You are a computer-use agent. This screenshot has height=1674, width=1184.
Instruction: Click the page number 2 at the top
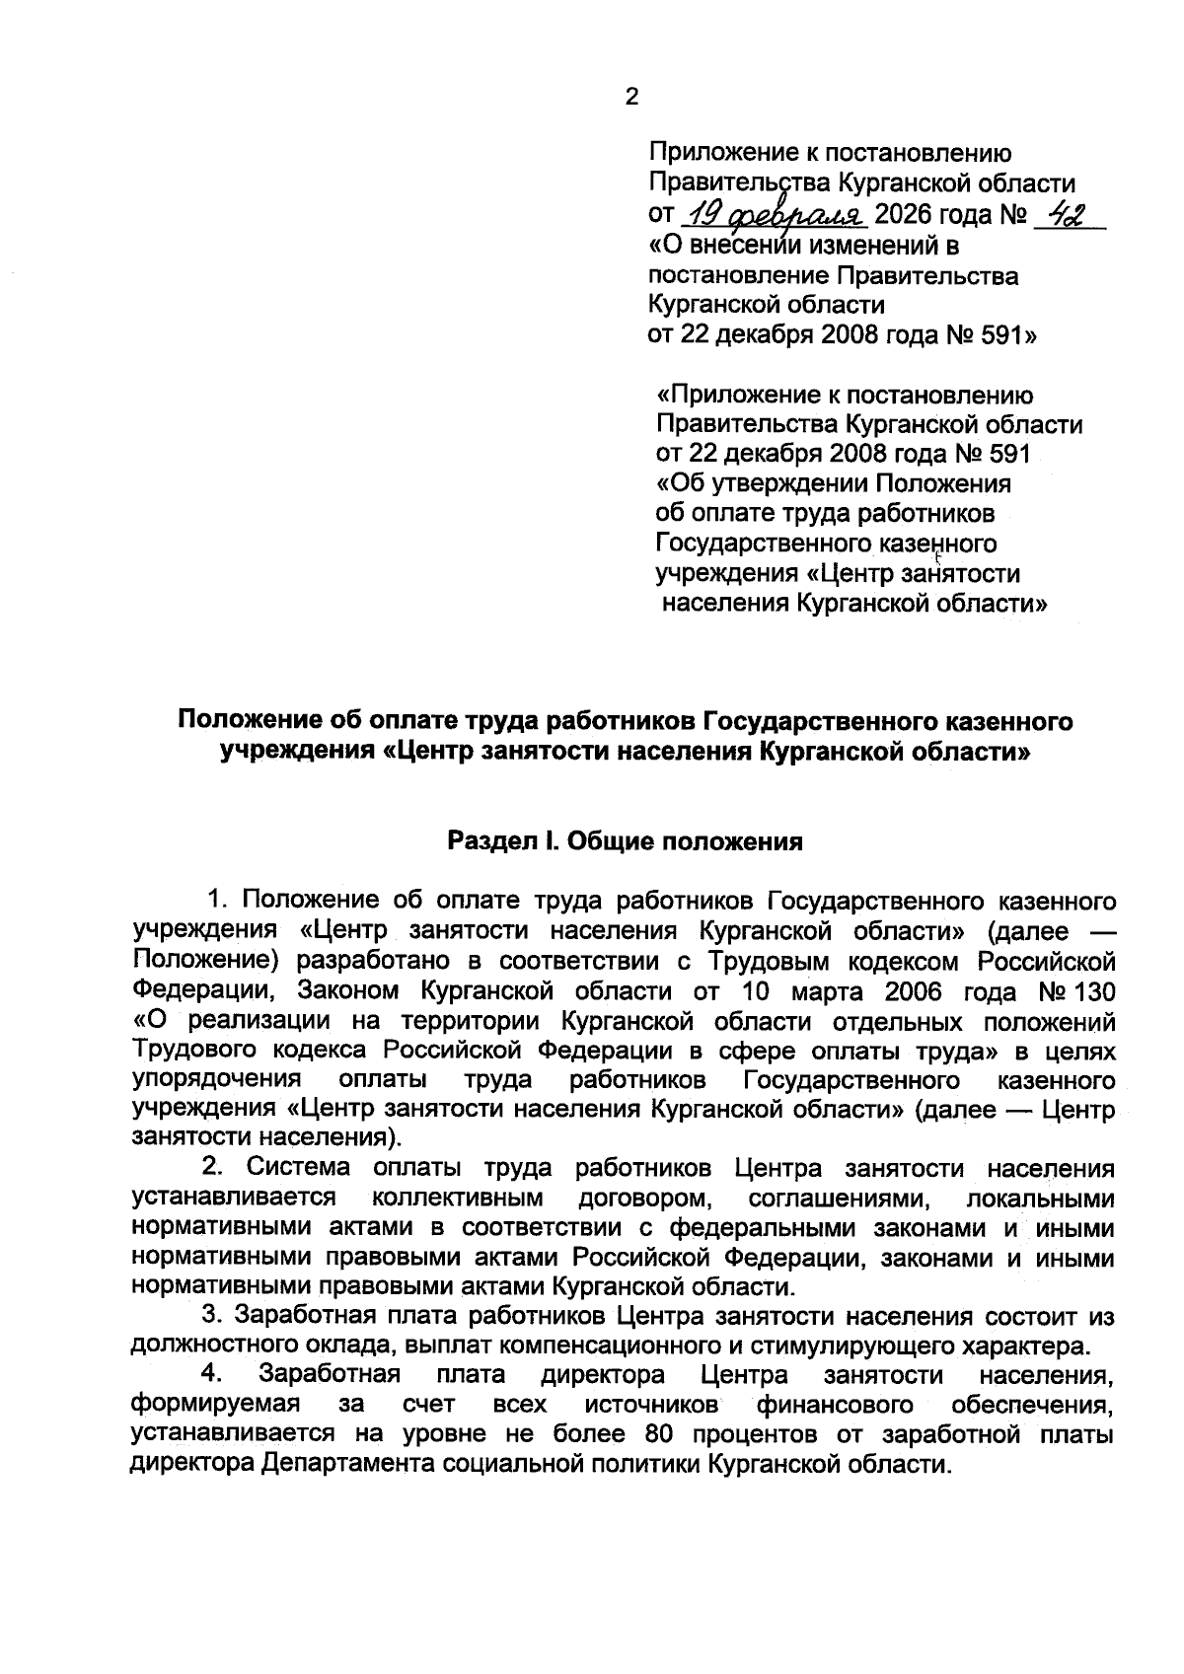[x=632, y=97]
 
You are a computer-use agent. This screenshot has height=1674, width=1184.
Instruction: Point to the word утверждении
[x=784, y=484]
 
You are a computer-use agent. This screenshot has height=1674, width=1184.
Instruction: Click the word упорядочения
[x=216, y=1079]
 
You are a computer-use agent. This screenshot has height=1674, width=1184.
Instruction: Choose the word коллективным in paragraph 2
[x=459, y=1199]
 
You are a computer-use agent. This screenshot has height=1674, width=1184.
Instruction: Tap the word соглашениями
[x=837, y=1199]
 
